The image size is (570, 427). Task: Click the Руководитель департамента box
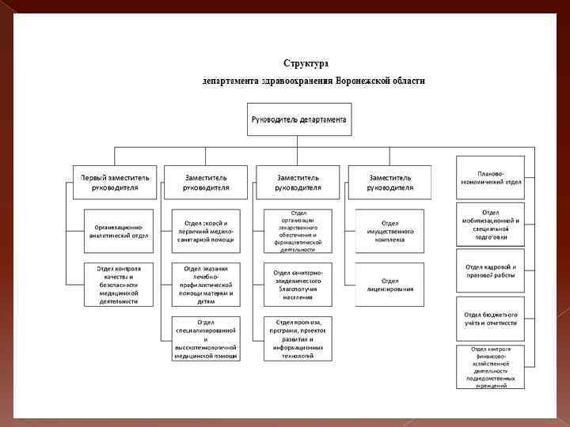[298, 119]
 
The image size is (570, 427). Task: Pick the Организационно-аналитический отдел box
[117, 230]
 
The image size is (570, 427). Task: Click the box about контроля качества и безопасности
[118, 284]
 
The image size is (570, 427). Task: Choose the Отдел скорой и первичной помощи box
[207, 230]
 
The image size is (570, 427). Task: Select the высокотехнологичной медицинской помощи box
[207, 338]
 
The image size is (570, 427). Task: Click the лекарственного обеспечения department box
[298, 230]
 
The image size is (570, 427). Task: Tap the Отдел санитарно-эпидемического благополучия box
[298, 284]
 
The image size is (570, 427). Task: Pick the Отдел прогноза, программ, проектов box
[298, 338]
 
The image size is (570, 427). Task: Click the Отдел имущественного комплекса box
[390, 230]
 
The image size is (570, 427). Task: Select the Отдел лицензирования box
[390, 284]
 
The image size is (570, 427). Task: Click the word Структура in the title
[306, 63]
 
